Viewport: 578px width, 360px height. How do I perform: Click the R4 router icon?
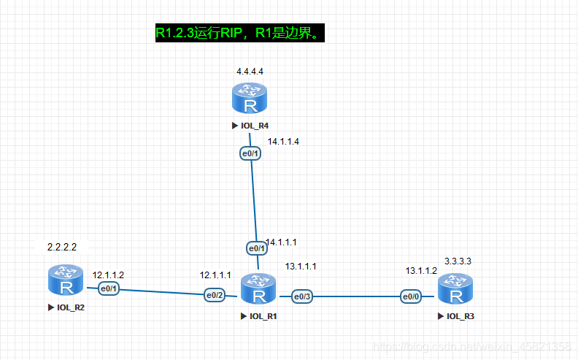click(x=250, y=99)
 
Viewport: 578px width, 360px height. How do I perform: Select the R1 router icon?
click(x=258, y=291)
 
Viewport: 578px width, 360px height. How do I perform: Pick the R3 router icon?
click(x=455, y=289)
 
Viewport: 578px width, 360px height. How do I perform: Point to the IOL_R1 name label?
click(x=262, y=317)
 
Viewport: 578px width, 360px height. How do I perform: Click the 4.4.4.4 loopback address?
click(x=250, y=72)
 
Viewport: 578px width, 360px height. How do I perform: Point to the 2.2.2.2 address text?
click(x=62, y=248)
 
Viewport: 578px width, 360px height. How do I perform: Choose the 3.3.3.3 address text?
click(x=458, y=261)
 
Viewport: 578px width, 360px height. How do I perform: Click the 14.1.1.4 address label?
click(x=283, y=142)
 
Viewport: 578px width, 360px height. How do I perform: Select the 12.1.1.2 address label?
click(x=108, y=275)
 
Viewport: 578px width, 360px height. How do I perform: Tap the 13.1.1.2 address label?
click(x=421, y=271)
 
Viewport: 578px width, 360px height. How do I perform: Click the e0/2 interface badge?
click(x=214, y=296)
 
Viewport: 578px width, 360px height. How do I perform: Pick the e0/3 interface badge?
click(x=302, y=296)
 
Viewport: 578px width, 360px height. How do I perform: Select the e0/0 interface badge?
click(x=410, y=296)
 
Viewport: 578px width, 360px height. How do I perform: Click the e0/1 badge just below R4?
click(x=250, y=153)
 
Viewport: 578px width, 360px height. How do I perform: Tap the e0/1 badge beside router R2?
click(x=109, y=290)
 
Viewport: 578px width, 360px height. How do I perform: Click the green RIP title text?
click(x=239, y=33)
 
